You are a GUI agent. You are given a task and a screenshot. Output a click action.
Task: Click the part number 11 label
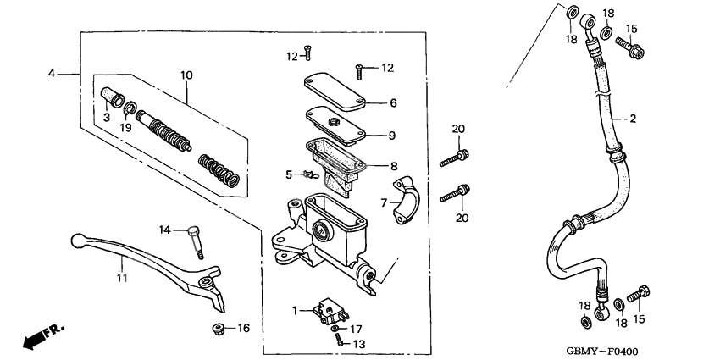click(121, 277)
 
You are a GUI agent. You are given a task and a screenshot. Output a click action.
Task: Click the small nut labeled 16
click(218, 328)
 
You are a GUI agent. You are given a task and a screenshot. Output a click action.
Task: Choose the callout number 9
click(392, 135)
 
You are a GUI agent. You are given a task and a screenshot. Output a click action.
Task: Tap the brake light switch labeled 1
click(326, 310)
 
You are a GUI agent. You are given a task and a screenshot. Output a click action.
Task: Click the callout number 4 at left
click(51, 75)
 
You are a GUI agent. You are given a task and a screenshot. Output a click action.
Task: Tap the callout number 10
click(186, 75)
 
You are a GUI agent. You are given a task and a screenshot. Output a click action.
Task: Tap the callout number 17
click(357, 329)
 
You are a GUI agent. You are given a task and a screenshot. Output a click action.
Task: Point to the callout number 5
click(288, 174)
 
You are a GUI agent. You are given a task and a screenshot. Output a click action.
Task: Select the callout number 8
click(392, 166)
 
